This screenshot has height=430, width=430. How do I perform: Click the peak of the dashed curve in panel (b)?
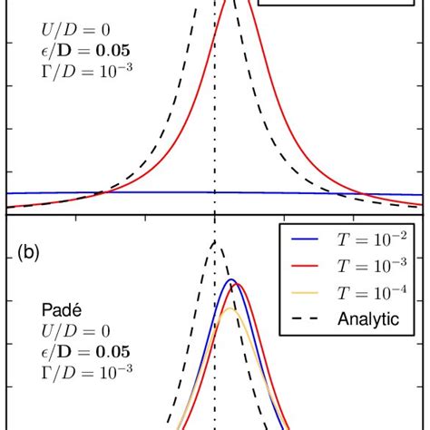click(213, 241)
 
